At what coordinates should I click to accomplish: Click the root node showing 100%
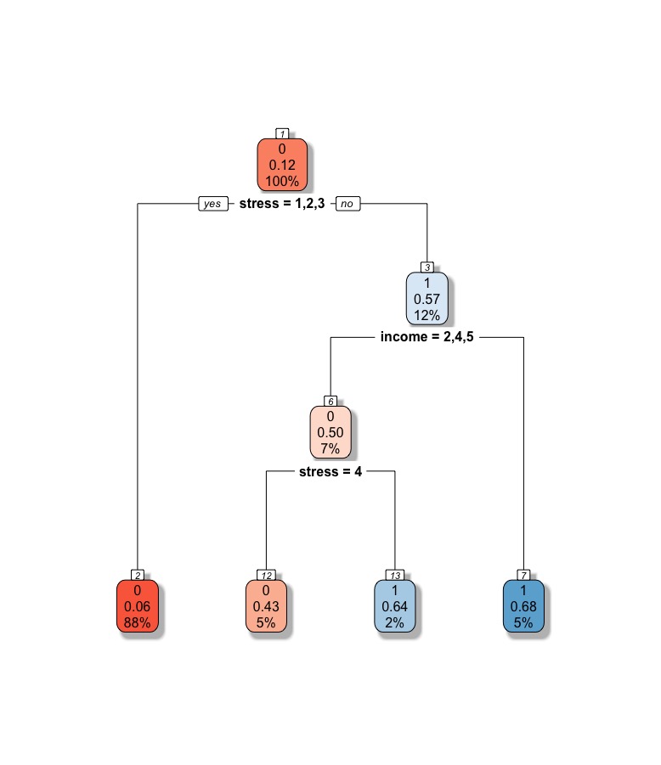[282, 164]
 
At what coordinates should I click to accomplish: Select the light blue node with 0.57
[427, 299]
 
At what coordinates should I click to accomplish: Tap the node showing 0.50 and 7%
[330, 432]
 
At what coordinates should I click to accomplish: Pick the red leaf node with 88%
[137, 606]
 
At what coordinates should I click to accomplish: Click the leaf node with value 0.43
[266, 606]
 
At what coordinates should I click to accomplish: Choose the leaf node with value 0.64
[395, 606]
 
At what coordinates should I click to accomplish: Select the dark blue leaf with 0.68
[523, 606]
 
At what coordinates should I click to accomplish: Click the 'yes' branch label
[212, 204]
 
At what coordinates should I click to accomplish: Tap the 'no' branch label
[347, 204]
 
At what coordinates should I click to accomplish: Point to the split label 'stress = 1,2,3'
[282, 204]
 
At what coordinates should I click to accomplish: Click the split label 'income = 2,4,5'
[427, 337]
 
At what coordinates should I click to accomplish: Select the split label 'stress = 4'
[330, 471]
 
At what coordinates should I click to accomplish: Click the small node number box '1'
[282, 133]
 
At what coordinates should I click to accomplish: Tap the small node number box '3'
[427, 267]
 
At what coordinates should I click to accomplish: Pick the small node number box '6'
[330, 401]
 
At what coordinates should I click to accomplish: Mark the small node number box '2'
[137, 575]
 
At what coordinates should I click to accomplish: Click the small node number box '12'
[266, 575]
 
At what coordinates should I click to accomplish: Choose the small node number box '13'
[395, 575]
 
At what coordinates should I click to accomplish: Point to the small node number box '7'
[523, 575]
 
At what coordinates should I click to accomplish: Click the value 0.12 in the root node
[282, 164]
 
